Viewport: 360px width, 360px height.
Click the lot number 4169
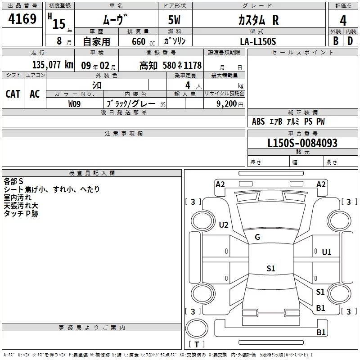pos(22,20)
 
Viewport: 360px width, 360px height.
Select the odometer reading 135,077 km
pos(53,65)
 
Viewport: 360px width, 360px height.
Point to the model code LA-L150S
pos(258,41)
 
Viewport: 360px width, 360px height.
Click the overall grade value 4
pos(343,20)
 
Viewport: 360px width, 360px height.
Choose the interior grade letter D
pos(350,41)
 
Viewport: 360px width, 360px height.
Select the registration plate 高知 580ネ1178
pos(171,65)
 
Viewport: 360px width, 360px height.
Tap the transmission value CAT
pos(13,94)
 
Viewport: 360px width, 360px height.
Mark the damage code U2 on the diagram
pos(224,225)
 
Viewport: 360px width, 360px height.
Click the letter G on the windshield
pos(257,237)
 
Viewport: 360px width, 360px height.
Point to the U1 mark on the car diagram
pos(327,252)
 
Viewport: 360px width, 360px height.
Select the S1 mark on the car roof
pos(270,269)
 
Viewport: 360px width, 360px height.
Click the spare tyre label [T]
pos(197,345)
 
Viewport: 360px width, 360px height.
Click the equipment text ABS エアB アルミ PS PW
pos(288,121)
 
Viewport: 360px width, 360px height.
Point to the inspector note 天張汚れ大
pos(21,206)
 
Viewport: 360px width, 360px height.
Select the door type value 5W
pos(175,20)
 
